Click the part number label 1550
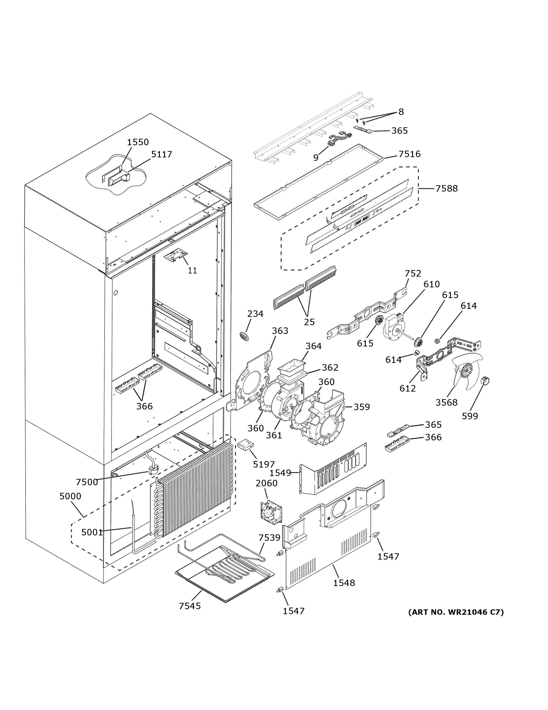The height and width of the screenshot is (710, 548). [138, 142]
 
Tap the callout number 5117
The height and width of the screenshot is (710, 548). [162, 154]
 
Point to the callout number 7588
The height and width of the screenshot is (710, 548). [446, 188]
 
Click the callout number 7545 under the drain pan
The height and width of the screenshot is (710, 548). [190, 606]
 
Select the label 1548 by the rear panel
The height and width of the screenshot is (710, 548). [344, 583]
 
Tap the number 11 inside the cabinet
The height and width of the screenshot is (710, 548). [193, 271]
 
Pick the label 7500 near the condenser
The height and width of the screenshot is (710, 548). [87, 482]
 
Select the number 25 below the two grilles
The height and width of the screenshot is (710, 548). [309, 322]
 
